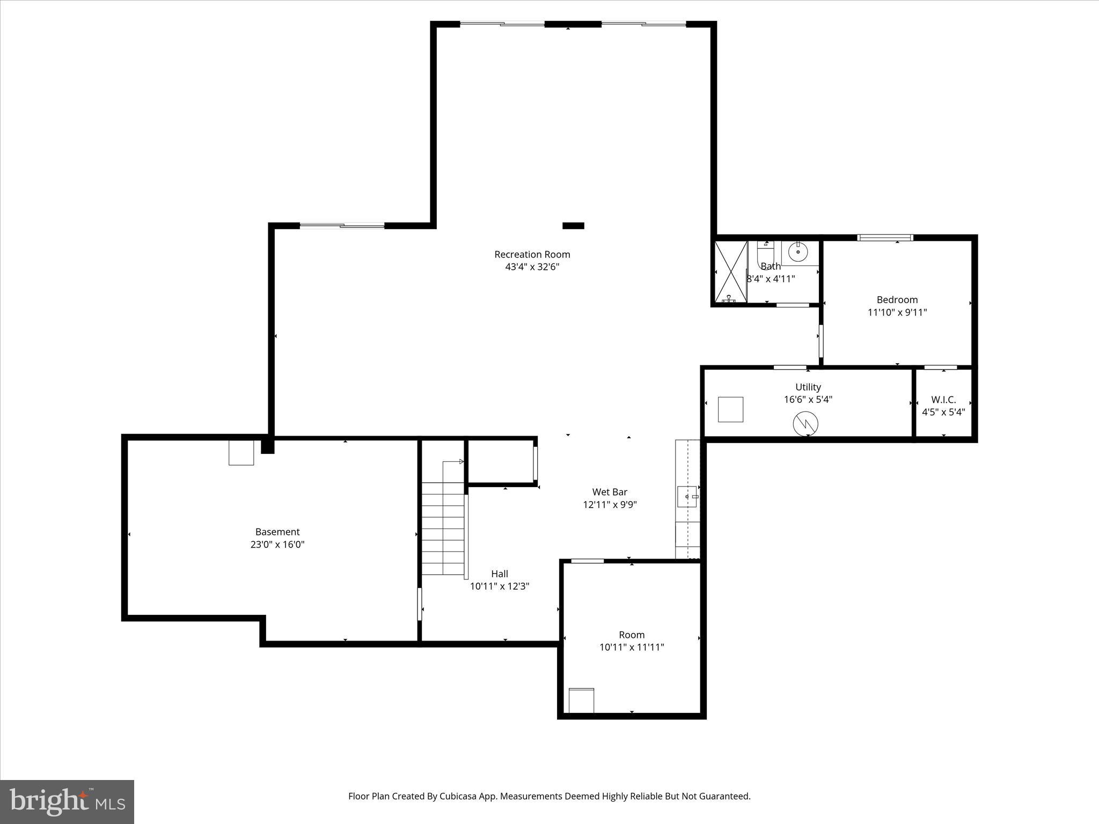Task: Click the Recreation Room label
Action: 532,254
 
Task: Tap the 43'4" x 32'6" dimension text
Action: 532,267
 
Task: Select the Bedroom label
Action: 897,300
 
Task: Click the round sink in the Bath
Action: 798,252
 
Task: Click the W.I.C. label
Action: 943,400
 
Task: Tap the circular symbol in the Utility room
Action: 805,424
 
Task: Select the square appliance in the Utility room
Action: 730,409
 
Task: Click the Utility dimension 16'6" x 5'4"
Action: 808,399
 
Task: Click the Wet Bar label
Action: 610,492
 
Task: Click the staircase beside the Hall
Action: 443,528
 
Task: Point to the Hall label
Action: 499,573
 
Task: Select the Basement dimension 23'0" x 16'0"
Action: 277,545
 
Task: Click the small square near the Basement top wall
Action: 241,453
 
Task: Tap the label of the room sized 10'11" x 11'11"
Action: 632,635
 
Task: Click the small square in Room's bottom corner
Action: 581,700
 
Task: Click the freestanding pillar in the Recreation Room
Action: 573,226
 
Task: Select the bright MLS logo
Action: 67,802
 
